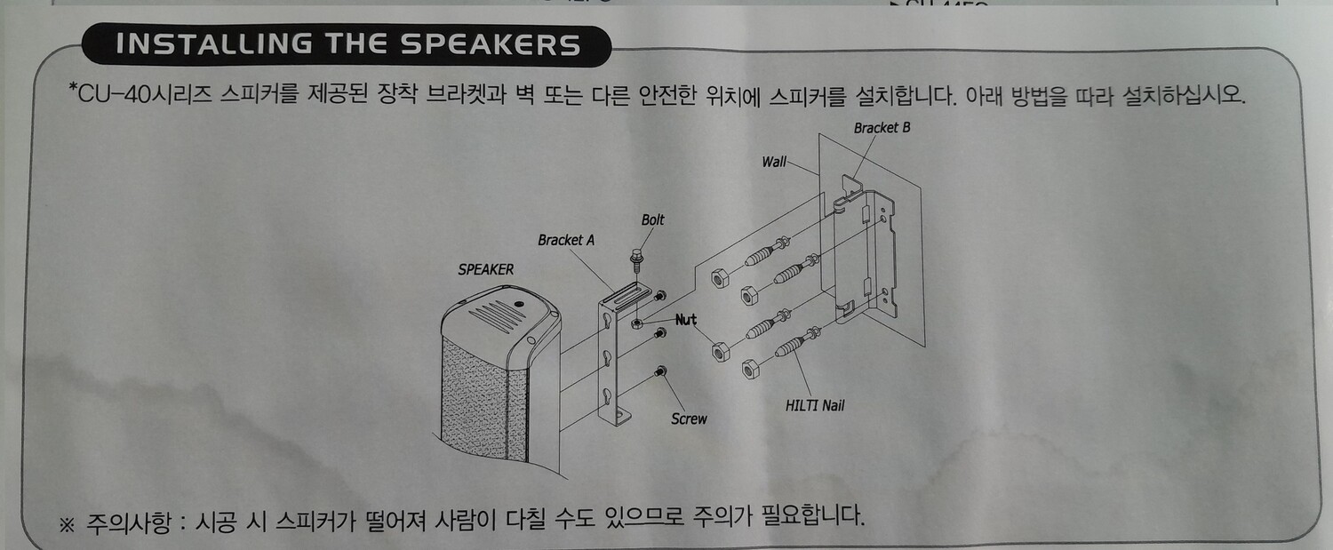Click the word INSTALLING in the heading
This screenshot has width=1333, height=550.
tap(214, 44)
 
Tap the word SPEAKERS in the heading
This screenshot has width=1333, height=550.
tap(490, 44)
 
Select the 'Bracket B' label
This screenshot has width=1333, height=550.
tap(882, 127)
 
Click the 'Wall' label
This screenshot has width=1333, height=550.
tap(774, 162)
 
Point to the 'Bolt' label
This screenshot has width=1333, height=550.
tap(652, 219)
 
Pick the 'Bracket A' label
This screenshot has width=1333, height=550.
tap(566, 240)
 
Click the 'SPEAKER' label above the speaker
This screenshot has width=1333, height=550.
tap(485, 269)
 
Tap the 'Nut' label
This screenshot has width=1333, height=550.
tap(685, 320)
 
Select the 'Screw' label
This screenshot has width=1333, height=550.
tap(689, 419)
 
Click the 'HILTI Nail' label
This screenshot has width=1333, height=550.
tap(815, 406)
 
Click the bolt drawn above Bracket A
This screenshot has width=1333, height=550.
tap(637, 261)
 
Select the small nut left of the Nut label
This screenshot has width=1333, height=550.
tap(636, 323)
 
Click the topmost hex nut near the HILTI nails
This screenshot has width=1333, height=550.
tap(720, 278)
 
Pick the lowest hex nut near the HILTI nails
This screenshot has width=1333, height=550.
tap(750, 369)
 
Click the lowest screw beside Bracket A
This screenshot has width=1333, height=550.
tap(660, 371)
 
